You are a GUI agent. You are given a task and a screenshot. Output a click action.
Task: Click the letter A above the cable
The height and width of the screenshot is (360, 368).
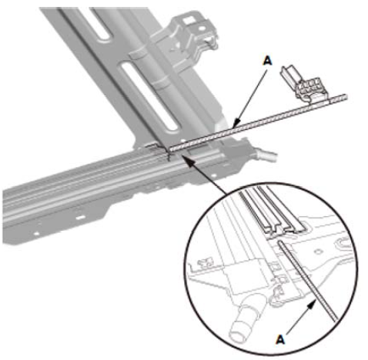[x=267, y=61]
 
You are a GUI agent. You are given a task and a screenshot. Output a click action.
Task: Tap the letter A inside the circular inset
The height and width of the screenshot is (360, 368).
[x=280, y=340]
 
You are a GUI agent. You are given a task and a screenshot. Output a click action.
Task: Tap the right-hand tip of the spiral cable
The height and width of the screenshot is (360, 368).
[x=346, y=97]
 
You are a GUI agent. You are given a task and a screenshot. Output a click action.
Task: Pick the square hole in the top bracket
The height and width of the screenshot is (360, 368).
[x=189, y=20]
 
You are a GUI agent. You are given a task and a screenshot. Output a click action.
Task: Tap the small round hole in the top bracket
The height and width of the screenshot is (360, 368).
[x=202, y=28]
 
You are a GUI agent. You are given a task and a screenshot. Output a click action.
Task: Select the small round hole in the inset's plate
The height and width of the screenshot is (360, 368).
[x=318, y=252]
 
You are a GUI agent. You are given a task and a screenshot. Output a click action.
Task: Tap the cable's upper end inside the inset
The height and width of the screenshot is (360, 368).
[x=280, y=242]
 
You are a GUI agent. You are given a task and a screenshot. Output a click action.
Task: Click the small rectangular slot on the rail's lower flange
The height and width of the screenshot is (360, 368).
[x=81, y=218]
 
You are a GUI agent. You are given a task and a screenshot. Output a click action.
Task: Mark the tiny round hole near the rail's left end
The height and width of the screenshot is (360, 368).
[x=36, y=234]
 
